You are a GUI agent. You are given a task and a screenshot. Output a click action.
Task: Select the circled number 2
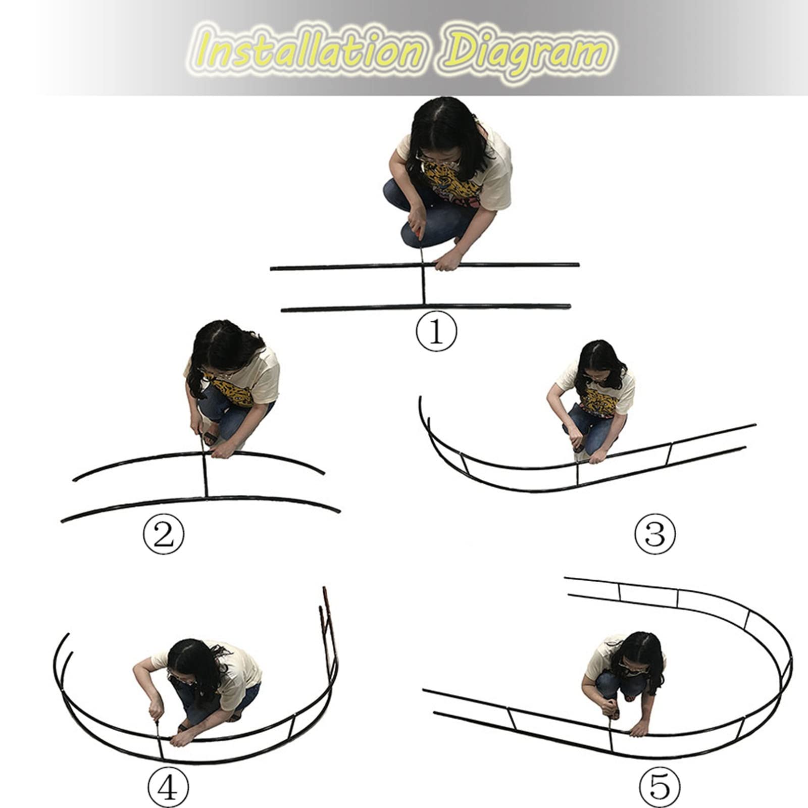coord(163,536)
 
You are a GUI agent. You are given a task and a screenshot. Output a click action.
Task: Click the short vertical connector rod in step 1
coord(423,285)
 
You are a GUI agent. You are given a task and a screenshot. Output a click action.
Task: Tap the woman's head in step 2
coord(222,348)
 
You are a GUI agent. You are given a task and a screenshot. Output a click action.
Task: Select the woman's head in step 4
coord(192,662)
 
